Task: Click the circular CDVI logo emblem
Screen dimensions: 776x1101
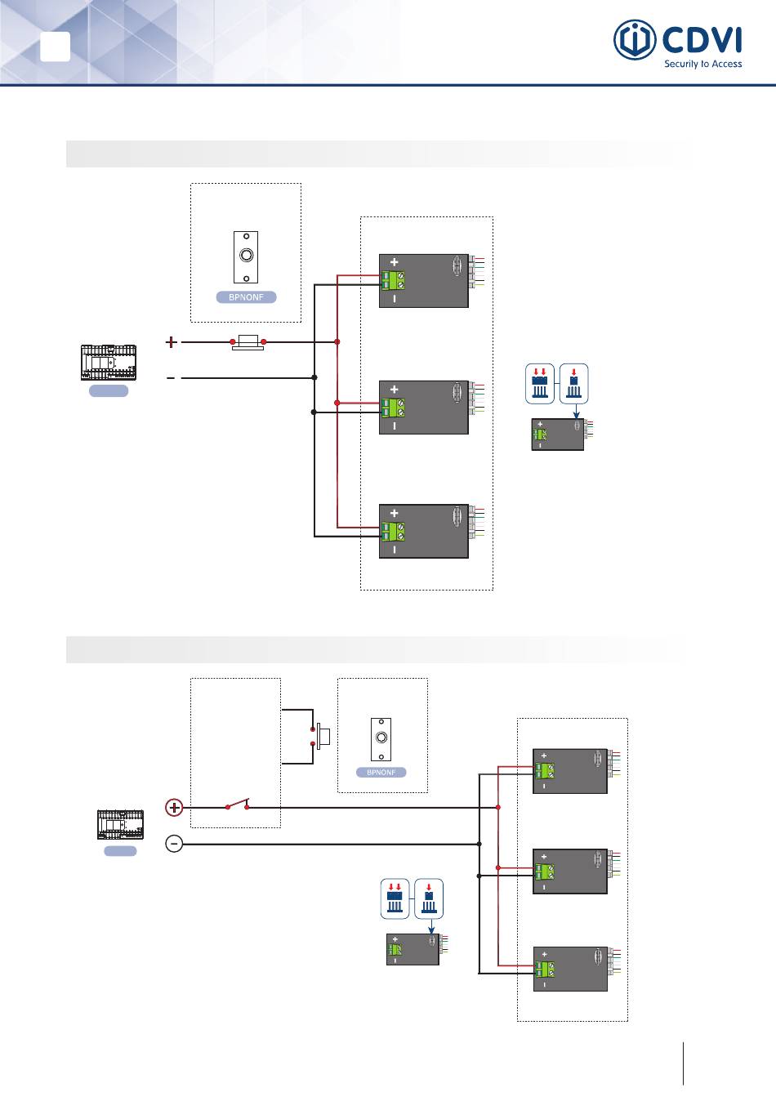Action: [x=635, y=40]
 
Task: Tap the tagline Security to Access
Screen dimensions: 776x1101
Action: [x=702, y=64]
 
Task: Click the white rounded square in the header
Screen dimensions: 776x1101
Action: [x=55, y=47]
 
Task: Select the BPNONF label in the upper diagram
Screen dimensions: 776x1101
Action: [x=246, y=296]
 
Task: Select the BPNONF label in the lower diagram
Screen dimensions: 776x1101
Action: [x=381, y=772]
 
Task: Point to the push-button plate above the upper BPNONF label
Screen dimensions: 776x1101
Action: [x=246, y=257]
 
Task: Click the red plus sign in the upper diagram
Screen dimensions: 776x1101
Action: [x=171, y=341]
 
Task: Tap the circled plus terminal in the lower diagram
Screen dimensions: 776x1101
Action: [x=174, y=807]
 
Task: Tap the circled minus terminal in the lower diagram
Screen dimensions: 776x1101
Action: [x=174, y=844]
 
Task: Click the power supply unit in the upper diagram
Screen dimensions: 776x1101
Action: [x=109, y=363]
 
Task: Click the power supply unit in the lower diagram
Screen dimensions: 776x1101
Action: [x=120, y=824]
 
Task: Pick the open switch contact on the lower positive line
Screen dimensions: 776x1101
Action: [x=238, y=805]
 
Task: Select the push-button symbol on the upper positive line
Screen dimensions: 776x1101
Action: [x=248, y=341]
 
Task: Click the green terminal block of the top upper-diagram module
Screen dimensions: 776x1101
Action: [x=393, y=280]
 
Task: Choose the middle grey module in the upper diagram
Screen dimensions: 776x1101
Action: [x=424, y=407]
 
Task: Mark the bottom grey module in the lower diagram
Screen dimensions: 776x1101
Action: [x=570, y=969]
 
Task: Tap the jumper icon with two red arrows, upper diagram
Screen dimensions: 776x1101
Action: [x=540, y=384]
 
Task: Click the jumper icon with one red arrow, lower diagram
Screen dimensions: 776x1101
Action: [x=429, y=899]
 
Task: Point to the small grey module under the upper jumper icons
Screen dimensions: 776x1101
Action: [x=558, y=434]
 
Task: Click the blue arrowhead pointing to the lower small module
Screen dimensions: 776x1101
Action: [x=431, y=930]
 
